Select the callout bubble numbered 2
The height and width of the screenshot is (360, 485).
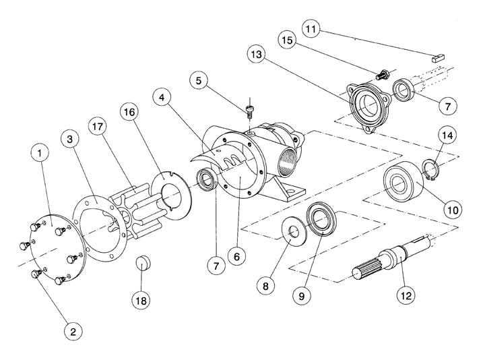coord(73,330)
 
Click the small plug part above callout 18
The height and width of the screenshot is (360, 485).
coord(142,262)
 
